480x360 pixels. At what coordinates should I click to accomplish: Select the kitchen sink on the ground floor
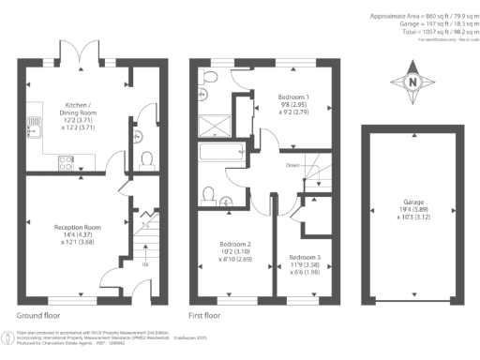[x=32, y=120]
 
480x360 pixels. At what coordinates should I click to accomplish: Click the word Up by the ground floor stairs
[x=142, y=265]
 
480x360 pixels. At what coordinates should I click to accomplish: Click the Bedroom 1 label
[x=297, y=104]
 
